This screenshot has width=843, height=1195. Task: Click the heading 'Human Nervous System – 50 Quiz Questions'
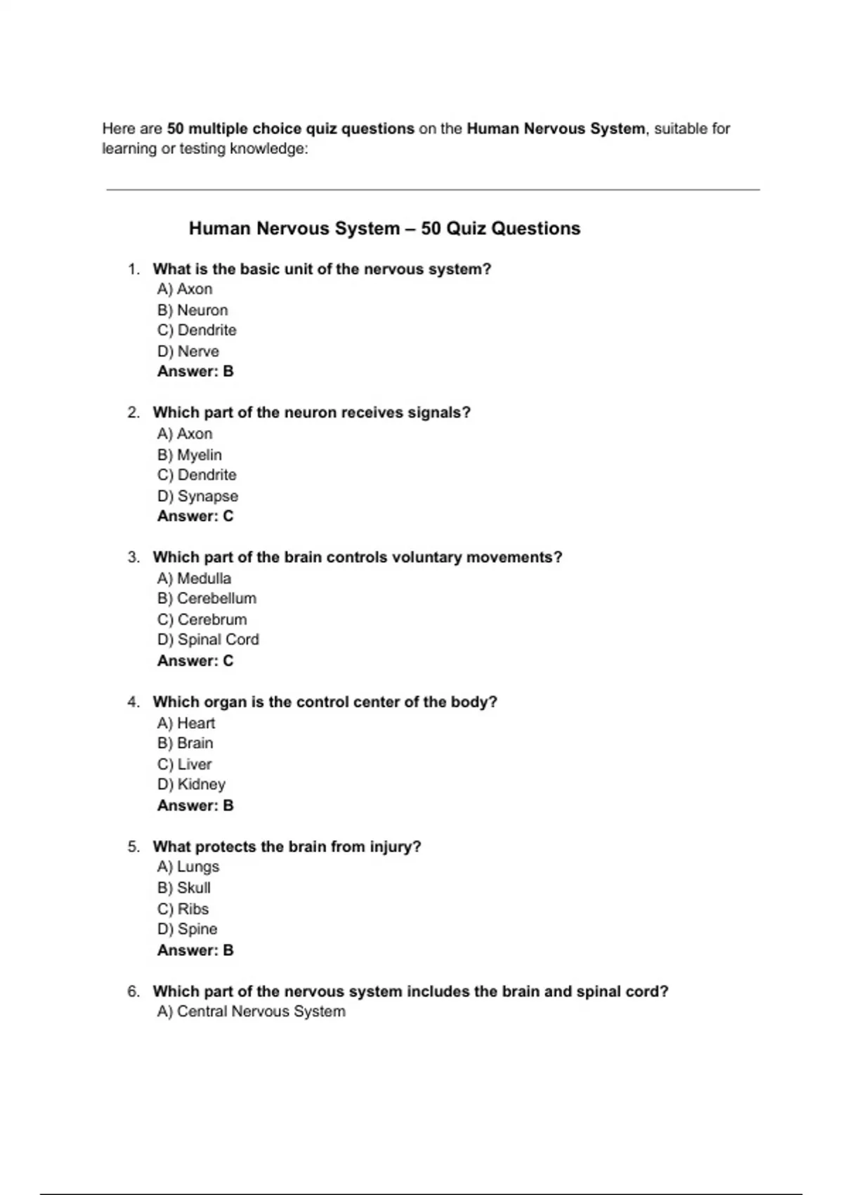point(384,228)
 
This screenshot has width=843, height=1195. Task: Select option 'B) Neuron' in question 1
point(192,310)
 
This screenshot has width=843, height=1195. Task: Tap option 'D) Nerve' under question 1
point(188,351)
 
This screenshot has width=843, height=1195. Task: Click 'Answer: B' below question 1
point(195,371)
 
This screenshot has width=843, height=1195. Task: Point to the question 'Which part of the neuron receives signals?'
point(311,413)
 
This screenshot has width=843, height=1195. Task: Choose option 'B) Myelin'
point(190,455)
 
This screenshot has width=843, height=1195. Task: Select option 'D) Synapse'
point(197,496)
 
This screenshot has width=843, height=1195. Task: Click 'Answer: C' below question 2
point(195,516)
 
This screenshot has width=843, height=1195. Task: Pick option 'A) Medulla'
point(194,579)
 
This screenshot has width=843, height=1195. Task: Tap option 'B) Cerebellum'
point(207,598)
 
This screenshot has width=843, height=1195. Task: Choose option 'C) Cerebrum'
point(202,619)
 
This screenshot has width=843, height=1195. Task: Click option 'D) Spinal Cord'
point(208,640)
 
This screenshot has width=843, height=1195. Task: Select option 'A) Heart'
point(186,723)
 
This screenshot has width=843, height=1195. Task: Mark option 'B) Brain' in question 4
point(185,743)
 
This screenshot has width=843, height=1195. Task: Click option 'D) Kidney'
point(191,784)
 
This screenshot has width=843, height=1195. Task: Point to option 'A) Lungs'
point(188,867)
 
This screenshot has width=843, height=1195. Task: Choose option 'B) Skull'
point(184,888)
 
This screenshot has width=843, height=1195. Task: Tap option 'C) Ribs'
point(183,909)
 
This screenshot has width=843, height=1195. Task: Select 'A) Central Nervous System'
point(251,1012)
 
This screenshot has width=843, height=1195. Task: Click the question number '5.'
point(133,847)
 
